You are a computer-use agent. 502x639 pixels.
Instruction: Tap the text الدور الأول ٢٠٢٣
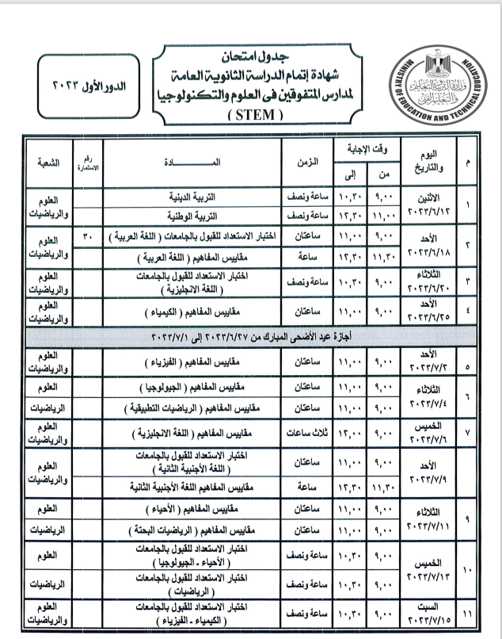click(89, 84)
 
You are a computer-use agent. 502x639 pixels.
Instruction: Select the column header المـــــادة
click(192, 161)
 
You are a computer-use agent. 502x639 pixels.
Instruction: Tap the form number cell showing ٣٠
click(89, 235)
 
